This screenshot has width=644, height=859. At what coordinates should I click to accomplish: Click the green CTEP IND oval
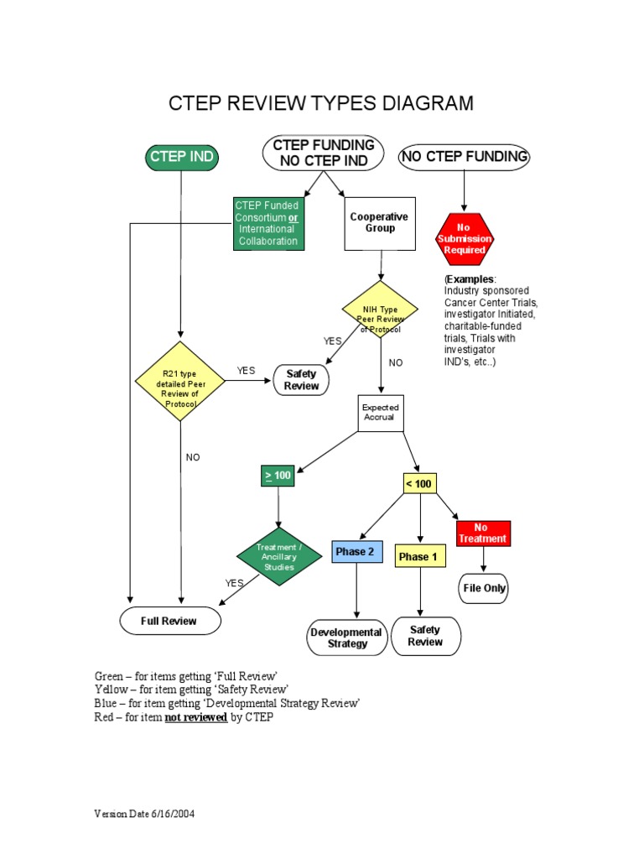point(181,157)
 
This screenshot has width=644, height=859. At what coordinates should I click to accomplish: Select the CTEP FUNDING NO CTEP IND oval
point(324,153)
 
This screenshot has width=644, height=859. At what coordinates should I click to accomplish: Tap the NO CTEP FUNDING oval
point(464,157)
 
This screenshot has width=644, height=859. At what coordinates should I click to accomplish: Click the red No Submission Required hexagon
point(464,238)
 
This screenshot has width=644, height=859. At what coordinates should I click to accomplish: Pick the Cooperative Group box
point(379,223)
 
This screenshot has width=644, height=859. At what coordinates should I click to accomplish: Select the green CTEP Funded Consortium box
point(267,223)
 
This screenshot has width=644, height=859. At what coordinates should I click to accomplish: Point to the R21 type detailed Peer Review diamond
point(180,381)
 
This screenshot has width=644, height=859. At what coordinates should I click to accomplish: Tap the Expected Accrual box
point(380,413)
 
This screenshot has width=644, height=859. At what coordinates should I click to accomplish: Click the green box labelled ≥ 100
point(278,476)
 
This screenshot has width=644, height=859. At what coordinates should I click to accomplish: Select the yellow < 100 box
point(418,483)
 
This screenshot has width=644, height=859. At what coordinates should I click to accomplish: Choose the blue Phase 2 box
point(356,551)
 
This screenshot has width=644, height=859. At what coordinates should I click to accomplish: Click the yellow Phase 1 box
point(418,556)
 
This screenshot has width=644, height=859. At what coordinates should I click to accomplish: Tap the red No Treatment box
point(483,533)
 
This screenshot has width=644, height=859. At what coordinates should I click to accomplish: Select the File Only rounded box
point(484,588)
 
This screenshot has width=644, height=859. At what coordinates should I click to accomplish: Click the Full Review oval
point(169,621)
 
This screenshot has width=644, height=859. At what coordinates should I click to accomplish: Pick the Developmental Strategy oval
point(347,638)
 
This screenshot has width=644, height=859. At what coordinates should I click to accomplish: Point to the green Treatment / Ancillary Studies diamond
point(278,555)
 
